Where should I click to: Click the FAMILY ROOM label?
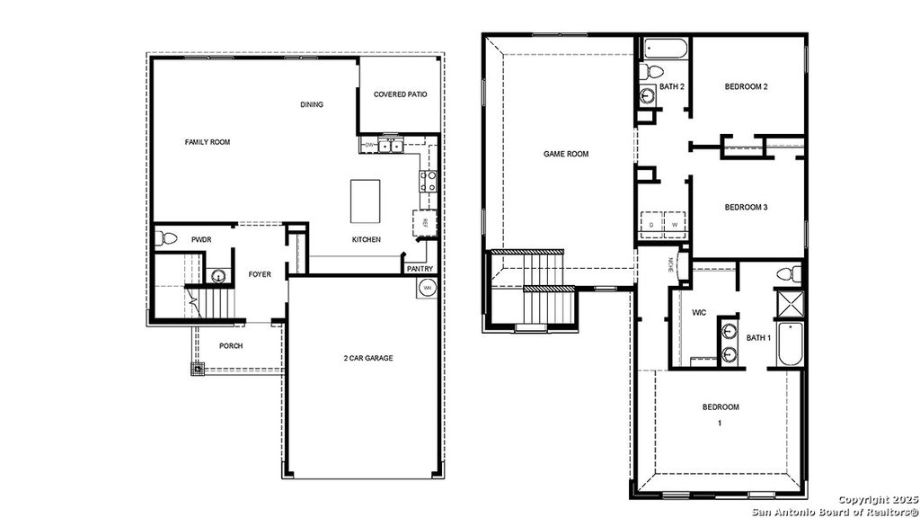[x=208, y=142]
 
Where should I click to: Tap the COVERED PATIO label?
[x=400, y=94]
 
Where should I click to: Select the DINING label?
[x=312, y=105]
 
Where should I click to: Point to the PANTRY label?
[x=420, y=268]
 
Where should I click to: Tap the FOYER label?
[x=260, y=276]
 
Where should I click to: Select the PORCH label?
[x=231, y=346]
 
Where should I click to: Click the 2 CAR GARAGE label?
[x=368, y=358]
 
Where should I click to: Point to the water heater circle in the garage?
[x=428, y=288]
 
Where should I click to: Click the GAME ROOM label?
[x=566, y=154]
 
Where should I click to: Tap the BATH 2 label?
[x=672, y=87]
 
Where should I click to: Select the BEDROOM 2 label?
[x=746, y=87]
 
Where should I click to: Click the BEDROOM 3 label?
[x=746, y=208]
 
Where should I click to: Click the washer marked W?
[x=674, y=224]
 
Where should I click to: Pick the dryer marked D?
[x=652, y=224]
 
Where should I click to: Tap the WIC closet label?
[x=699, y=313]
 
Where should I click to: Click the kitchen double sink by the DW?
[x=390, y=145]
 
